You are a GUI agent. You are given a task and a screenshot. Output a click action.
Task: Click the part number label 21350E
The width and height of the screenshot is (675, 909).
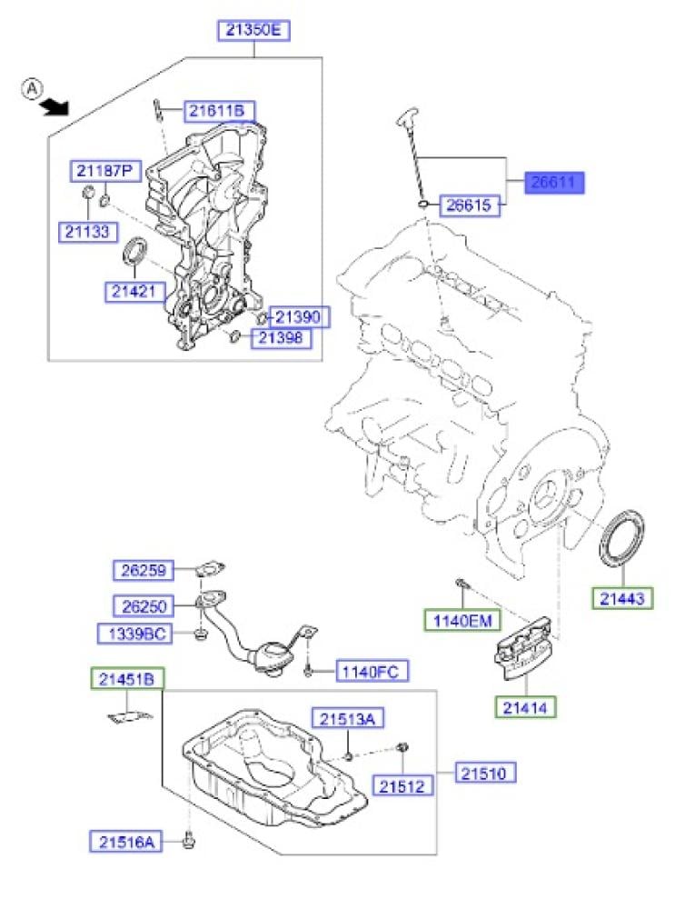(x=253, y=30)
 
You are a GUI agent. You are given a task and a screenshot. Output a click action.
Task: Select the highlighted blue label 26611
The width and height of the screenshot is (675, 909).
(x=554, y=182)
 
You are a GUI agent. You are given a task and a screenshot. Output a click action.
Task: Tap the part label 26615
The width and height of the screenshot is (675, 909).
(x=470, y=205)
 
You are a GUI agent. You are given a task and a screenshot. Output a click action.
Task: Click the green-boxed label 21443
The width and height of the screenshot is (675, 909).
(x=622, y=598)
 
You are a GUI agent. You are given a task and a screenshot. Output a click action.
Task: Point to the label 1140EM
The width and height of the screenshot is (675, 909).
(x=462, y=620)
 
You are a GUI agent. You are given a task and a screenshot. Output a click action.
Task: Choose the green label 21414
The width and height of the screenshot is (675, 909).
(x=525, y=707)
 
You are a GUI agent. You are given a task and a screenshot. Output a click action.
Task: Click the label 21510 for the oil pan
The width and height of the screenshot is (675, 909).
(x=484, y=773)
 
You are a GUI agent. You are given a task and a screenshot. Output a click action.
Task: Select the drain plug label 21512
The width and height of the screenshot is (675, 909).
(x=402, y=786)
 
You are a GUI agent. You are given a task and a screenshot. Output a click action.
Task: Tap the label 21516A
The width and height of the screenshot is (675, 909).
(x=127, y=842)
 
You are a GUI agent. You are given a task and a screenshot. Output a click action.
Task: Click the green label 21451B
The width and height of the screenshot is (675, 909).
(x=127, y=679)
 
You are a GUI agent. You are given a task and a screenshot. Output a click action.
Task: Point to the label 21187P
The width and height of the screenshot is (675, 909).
(x=105, y=171)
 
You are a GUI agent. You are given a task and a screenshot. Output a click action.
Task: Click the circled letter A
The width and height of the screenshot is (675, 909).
(x=32, y=89)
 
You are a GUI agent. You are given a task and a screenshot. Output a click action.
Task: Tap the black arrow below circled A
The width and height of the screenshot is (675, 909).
(x=55, y=107)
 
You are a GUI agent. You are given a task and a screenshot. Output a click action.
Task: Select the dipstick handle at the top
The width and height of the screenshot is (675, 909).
(x=407, y=116)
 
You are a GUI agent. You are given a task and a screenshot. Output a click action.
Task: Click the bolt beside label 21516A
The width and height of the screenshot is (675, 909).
(x=188, y=840)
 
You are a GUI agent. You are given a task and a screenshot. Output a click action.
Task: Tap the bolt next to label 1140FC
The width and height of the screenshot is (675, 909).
(x=308, y=671)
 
